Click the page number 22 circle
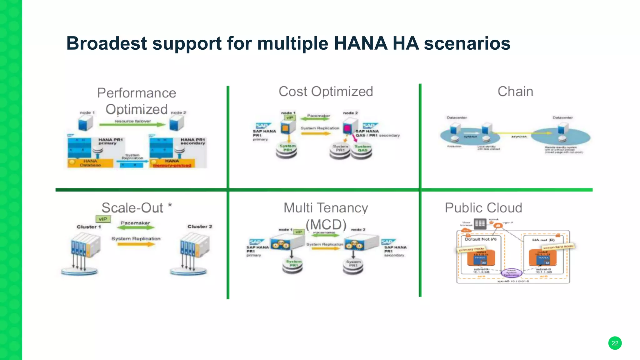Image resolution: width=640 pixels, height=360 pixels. tap(615, 343)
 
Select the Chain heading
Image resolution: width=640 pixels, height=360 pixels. tap(515, 92)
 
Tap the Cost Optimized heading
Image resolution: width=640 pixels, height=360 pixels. tap(326, 92)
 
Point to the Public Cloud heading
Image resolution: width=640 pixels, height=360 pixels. tap(483, 208)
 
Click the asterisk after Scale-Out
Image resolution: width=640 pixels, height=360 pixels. tap(170, 205)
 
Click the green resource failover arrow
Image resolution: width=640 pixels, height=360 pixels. tap(132, 125)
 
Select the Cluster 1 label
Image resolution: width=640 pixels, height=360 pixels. tap(89, 227)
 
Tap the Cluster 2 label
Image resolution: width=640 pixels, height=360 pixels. tap(199, 227)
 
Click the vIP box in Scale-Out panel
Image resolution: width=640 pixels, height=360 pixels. tap(103, 219)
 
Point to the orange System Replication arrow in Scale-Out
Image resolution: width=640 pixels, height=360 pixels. tap(136, 244)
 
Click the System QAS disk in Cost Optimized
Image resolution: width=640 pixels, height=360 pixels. tap(362, 151)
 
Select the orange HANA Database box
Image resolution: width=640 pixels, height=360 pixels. tap(90, 163)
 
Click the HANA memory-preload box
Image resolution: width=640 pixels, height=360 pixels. tap(172, 163)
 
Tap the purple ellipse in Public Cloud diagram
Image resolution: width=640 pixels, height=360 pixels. tap(512, 273)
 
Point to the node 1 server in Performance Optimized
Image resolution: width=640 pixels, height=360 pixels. tap(85, 123)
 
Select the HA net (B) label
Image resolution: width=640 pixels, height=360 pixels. tap(543, 240)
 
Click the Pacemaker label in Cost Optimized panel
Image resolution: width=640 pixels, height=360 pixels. tap(318, 116)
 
